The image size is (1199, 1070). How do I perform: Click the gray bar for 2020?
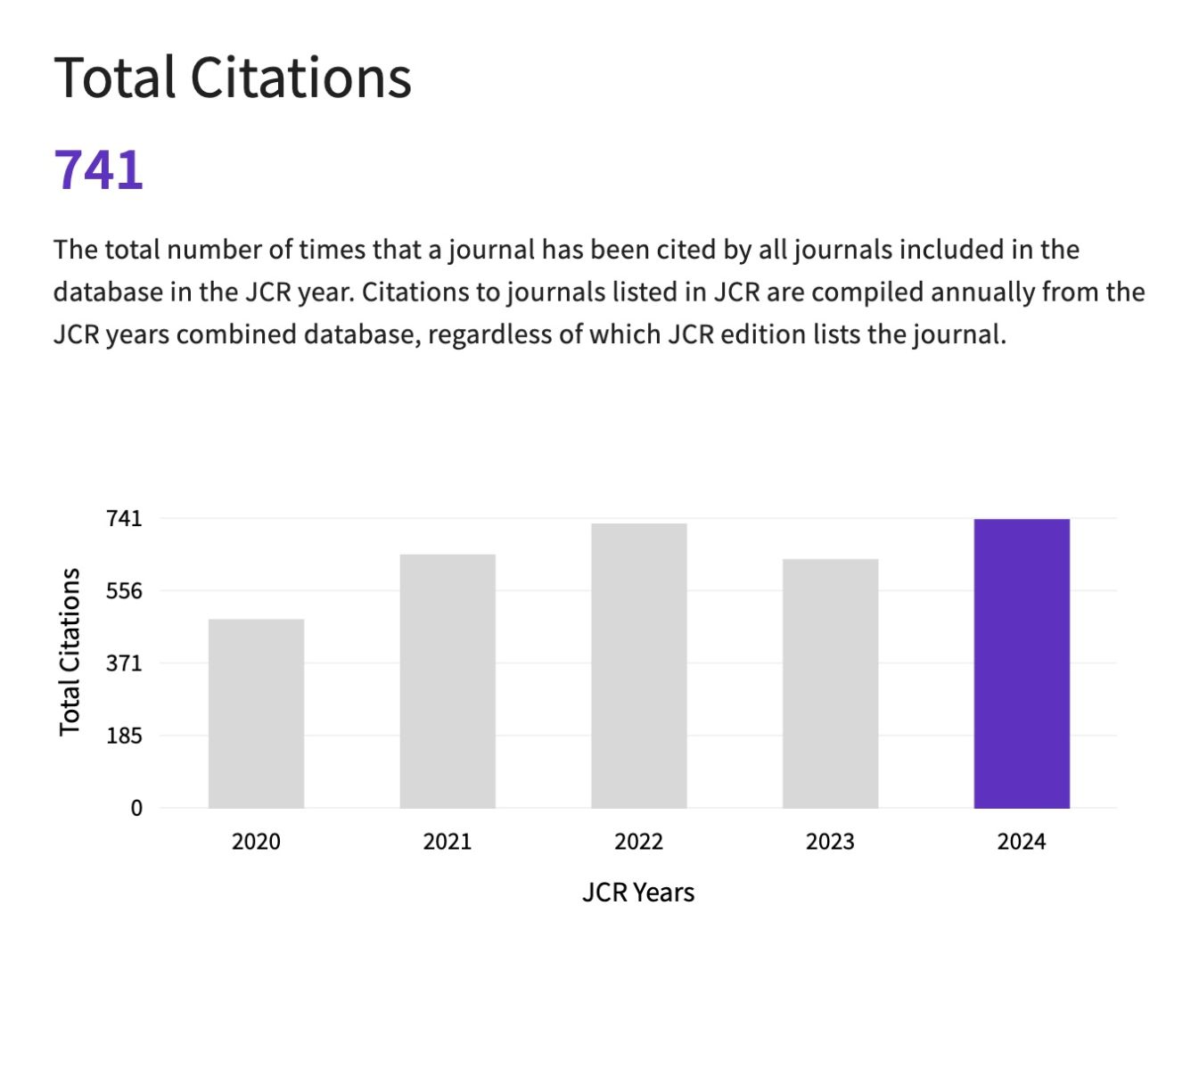(256, 713)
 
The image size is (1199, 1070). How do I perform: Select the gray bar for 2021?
(448, 681)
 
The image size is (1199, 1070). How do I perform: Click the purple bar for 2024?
(1022, 663)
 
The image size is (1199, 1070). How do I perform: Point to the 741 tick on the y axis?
(124, 518)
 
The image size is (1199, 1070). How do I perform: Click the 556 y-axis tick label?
(124, 590)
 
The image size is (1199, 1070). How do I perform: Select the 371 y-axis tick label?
(124, 663)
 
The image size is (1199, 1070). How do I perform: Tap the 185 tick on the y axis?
(124, 736)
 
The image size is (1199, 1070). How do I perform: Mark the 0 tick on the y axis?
(136, 808)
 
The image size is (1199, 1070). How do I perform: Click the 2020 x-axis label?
(256, 842)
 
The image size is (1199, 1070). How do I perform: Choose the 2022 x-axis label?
(639, 842)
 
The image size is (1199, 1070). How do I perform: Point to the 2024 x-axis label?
(1022, 842)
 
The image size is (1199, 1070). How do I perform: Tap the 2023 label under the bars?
(830, 842)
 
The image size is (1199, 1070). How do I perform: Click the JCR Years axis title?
(638, 893)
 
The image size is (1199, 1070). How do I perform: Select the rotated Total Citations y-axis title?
(70, 652)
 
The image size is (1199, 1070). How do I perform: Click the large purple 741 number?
(99, 169)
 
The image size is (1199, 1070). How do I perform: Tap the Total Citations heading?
(233, 78)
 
